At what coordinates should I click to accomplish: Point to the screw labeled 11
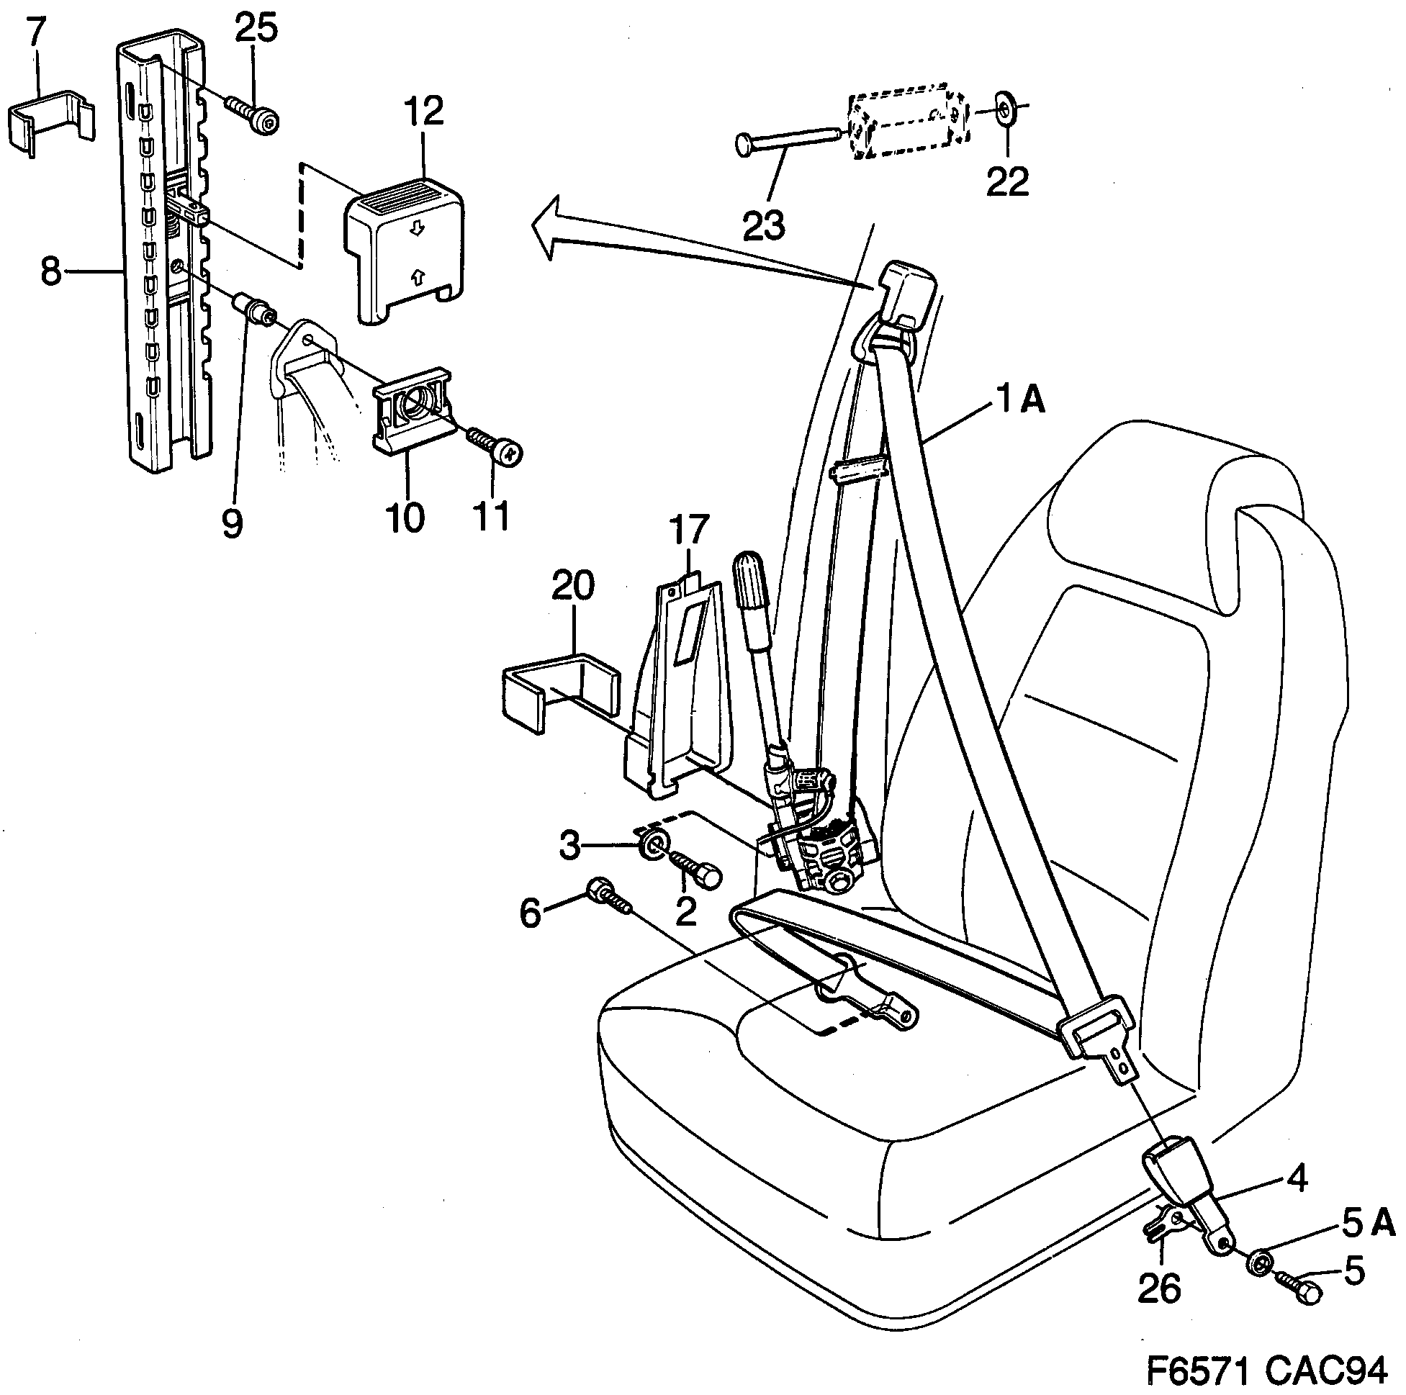tap(495, 448)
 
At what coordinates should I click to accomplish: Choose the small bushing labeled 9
tap(254, 309)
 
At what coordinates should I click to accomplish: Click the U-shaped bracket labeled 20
tap(561, 687)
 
